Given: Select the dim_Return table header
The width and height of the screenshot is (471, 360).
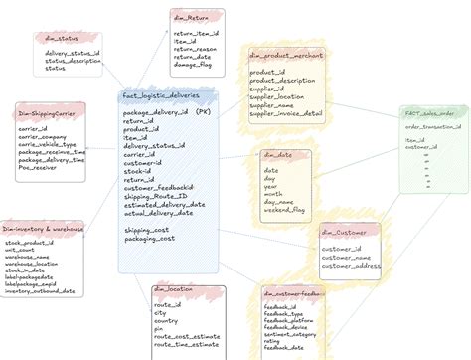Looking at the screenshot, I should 197,17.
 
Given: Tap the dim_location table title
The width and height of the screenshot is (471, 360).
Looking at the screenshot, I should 174,289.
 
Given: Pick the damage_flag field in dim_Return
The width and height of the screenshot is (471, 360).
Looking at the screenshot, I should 195,64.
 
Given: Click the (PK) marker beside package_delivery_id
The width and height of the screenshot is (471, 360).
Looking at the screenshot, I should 203,113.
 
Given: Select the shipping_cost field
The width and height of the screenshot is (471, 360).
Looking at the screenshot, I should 146,231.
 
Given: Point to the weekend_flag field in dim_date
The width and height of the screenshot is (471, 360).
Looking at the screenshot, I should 285,210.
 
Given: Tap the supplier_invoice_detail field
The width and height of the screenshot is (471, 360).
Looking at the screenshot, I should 285,114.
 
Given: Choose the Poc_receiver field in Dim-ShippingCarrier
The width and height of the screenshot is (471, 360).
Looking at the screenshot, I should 41,167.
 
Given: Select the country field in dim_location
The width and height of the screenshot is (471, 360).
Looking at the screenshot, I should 166,321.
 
